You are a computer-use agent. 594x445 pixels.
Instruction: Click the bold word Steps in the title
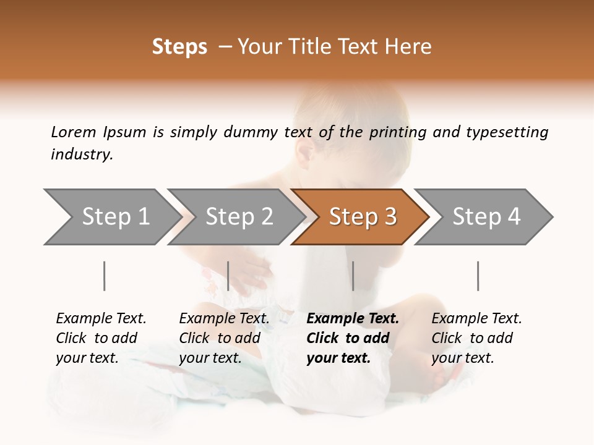click(x=179, y=47)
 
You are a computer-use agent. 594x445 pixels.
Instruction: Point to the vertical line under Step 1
click(x=105, y=276)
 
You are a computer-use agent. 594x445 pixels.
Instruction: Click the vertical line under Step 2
click(x=228, y=276)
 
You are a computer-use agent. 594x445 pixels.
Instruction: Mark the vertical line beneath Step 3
click(x=353, y=276)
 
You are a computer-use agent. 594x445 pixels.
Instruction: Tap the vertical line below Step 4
click(x=478, y=276)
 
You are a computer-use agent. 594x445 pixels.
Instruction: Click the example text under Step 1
click(x=101, y=338)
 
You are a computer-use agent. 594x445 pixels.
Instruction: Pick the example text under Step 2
click(x=224, y=338)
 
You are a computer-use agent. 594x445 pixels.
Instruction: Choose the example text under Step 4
click(x=476, y=338)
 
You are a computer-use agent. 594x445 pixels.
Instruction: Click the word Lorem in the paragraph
click(x=74, y=132)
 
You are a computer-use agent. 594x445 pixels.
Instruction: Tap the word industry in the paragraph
click(x=82, y=155)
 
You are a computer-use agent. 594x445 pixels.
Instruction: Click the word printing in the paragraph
click(x=398, y=132)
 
